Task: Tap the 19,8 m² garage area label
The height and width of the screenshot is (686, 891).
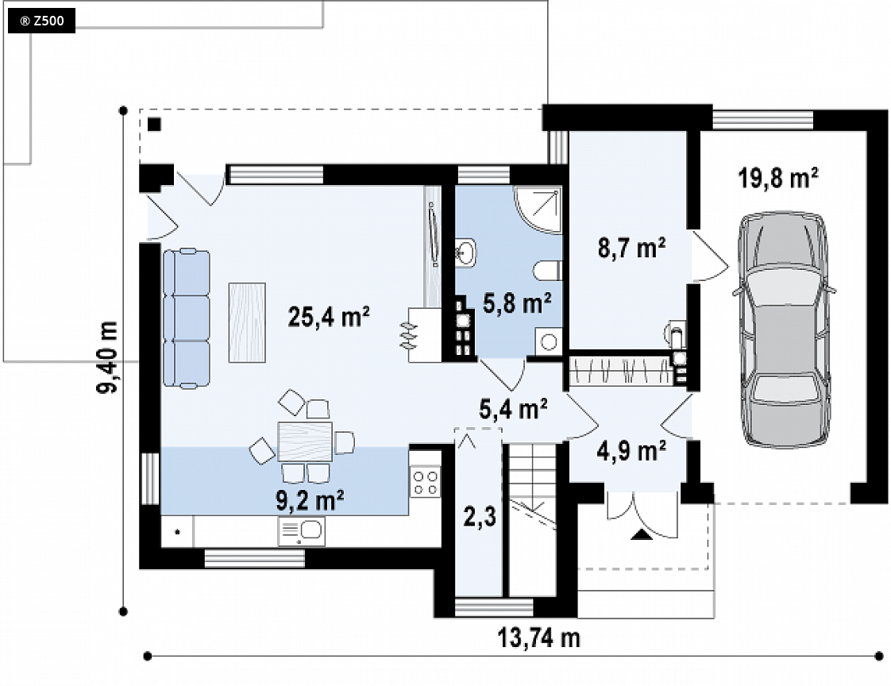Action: pos(778,178)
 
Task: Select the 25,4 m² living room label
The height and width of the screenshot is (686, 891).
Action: pos(329,317)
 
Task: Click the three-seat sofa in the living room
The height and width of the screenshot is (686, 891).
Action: pos(187,318)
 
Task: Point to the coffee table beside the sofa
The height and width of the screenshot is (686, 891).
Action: pos(247,322)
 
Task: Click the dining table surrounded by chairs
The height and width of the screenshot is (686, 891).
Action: pos(305,441)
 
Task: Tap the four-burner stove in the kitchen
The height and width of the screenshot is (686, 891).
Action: pos(425,482)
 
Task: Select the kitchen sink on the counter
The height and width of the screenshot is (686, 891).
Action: pos(301,531)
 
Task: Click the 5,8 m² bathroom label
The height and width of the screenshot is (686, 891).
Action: pos(516,303)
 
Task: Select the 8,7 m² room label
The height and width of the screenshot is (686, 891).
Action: pos(631,249)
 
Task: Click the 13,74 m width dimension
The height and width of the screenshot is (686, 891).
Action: pos(538,638)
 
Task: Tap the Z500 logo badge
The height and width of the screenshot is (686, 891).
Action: pos(41,21)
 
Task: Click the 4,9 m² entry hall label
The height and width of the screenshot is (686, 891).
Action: pos(631,451)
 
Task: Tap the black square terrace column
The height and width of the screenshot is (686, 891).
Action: pos(155,124)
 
